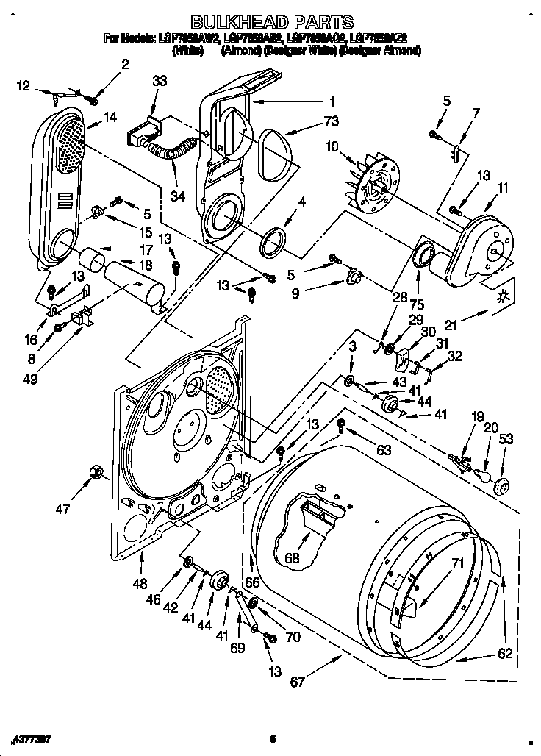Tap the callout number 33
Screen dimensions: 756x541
click(160, 83)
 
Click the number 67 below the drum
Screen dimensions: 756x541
click(298, 682)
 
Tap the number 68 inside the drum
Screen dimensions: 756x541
click(293, 558)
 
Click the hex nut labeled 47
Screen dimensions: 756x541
click(95, 471)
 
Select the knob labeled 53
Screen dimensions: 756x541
click(501, 486)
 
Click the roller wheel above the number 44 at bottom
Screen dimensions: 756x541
click(218, 581)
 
